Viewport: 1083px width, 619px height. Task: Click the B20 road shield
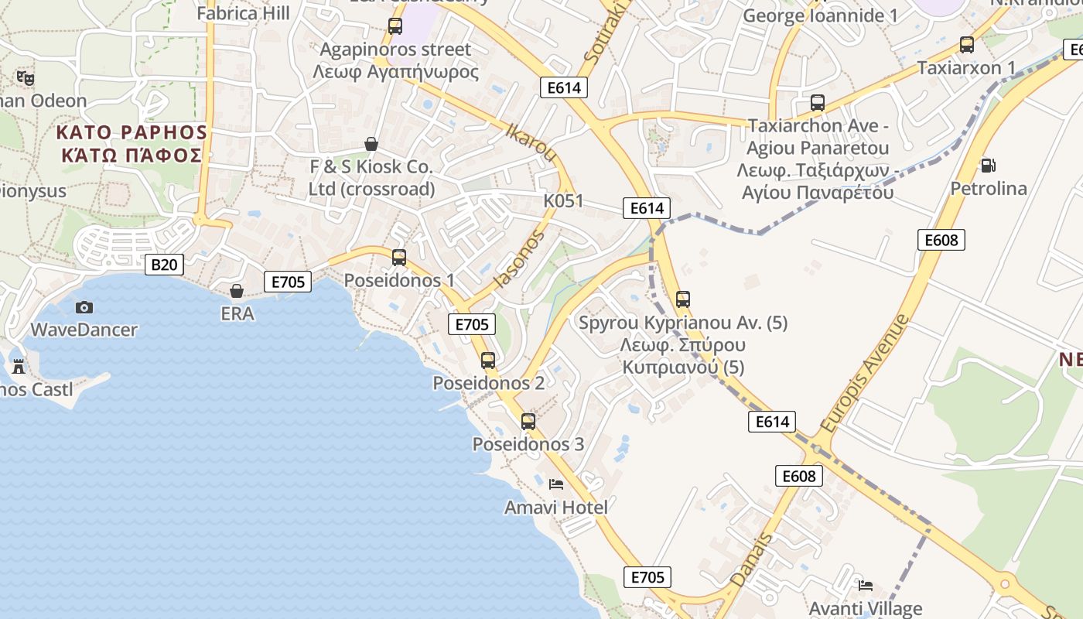pos(164,265)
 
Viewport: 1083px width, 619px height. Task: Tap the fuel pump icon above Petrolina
pos(988,165)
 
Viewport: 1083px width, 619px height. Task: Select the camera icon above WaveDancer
pos(84,307)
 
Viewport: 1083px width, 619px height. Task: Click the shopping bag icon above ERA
pos(237,291)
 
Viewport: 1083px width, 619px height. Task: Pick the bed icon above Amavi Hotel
pos(555,484)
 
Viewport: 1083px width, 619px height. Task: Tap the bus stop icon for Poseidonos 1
pos(399,257)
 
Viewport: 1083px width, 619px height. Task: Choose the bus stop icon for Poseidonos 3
pos(528,422)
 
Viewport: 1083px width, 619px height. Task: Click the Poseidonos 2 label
pos(488,383)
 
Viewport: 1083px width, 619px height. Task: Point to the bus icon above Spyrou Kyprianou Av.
pos(683,299)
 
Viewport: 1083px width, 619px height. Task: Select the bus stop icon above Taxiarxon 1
pos(966,45)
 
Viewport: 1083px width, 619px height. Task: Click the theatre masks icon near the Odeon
pos(26,77)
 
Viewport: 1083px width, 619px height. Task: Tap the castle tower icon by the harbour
pos(19,366)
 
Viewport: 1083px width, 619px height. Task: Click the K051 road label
pos(563,201)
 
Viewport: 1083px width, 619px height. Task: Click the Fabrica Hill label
pos(243,13)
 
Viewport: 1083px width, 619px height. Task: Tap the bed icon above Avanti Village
pos(866,586)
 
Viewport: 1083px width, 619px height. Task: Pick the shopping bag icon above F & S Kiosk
pos(371,144)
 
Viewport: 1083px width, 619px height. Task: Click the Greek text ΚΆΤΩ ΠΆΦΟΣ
pos(132,155)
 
